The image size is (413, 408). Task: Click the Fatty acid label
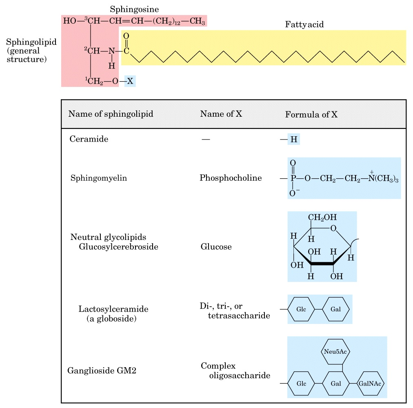(x=304, y=25)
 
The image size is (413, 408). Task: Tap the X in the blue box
(x=130, y=81)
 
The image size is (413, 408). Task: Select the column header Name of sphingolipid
(x=111, y=114)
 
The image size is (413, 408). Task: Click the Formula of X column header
(x=311, y=115)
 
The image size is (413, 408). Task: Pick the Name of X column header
(x=221, y=114)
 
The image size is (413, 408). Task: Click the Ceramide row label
(x=89, y=139)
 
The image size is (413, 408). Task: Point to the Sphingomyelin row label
(x=98, y=178)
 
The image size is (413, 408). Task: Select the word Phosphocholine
(x=231, y=178)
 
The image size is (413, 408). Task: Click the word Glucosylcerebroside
(x=118, y=247)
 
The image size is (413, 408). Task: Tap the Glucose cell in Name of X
(x=216, y=247)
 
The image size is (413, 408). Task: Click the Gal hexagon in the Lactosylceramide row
(x=336, y=309)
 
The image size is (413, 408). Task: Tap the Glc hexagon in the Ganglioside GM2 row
(x=301, y=384)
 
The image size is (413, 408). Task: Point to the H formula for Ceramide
(x=293, y=140)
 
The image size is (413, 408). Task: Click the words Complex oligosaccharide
(x=235, y=370)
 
